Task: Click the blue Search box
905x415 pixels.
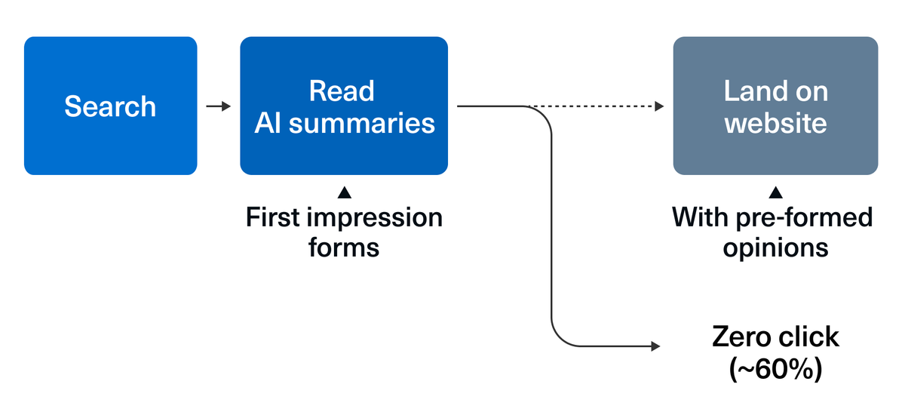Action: click(x=110, y=106)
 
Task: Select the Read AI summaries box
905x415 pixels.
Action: click(x=344, y=106)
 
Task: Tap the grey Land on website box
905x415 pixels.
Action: click(x=775, y=106)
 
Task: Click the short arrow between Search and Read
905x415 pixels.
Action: click(x=219, y=106)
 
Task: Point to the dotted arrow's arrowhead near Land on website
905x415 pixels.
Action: click(x=659, y=106)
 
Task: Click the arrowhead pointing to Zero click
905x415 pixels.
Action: click(x=655, y=346)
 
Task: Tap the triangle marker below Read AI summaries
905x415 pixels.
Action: click(x=345, y=193)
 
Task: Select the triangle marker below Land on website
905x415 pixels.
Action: click(x=775, y=193)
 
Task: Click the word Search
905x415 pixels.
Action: click(x=110, y=106)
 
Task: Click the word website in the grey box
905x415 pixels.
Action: click(x=775, y=123)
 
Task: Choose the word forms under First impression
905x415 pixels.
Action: click(x=344, y=247)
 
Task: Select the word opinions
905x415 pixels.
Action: click(x=775, y=247)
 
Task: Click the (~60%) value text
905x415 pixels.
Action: click(x=775, y=369)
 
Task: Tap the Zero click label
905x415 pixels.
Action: click(x=775, y=337)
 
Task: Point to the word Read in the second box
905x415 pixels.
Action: click(x=342, y=91)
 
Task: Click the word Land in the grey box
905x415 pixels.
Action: click(x=749, y=91)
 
